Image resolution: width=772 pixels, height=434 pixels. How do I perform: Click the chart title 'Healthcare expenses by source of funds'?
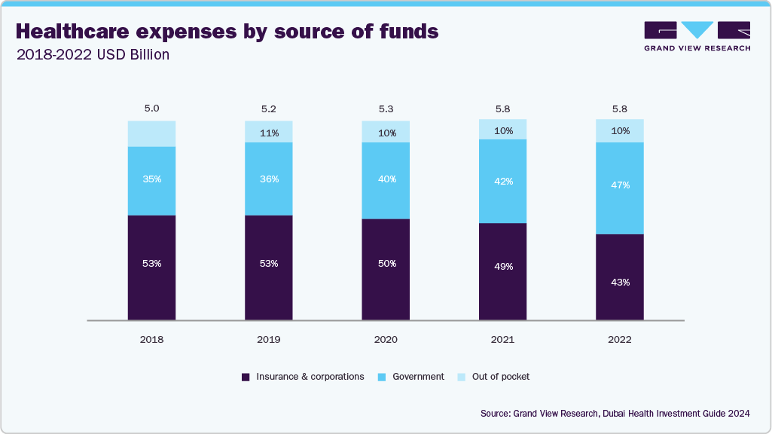227,32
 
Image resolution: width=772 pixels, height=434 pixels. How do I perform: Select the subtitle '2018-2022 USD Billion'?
92,55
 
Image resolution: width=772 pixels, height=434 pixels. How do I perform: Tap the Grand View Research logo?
697,35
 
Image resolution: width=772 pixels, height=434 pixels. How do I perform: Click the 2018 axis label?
151,340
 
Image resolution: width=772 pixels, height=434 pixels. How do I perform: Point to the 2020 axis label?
386,340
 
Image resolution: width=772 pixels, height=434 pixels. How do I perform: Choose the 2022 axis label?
619,340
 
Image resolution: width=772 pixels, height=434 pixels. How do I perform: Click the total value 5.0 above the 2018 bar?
151,108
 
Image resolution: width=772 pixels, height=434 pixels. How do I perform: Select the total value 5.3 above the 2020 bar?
386,108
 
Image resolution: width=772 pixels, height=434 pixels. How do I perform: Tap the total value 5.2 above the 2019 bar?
268,108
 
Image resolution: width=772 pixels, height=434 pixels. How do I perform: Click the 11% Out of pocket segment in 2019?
268,132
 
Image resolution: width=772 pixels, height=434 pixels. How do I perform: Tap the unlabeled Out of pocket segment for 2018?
151,133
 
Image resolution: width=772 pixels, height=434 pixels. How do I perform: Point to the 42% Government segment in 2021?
502,181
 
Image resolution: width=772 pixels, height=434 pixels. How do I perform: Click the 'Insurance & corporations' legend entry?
303,377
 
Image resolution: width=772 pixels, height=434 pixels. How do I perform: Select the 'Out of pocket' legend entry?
493,377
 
